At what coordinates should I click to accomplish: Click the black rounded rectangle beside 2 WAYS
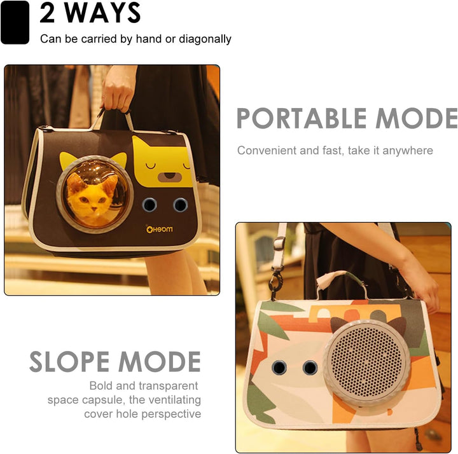15,22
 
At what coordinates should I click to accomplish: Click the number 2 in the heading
47,13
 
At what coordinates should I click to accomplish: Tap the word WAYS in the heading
102,13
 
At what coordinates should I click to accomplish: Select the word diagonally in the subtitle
205,39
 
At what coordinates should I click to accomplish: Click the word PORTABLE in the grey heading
302,118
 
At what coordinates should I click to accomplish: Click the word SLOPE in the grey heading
69,361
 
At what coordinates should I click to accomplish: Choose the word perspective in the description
172,415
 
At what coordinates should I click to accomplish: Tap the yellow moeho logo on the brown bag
159,229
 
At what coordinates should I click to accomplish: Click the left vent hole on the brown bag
149,204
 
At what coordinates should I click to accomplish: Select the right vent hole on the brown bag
180,204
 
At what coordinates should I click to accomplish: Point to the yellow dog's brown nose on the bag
170,177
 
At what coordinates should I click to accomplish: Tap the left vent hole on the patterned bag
279,367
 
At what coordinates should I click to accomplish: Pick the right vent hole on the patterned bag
310,367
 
